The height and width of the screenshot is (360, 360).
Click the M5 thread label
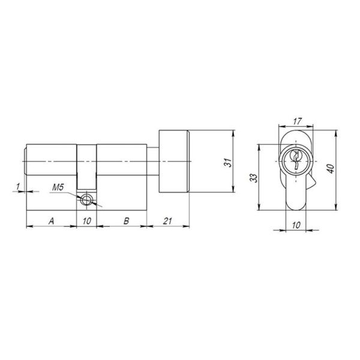(58, 188)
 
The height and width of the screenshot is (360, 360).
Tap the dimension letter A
(52, 221)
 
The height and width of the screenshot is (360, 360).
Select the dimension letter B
(125, 221)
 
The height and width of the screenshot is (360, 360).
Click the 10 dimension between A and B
(87, 221)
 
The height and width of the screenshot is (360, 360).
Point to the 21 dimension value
(168, 221)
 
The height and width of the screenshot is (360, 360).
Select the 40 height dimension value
(330, 169)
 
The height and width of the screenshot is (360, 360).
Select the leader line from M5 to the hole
(75, 194)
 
